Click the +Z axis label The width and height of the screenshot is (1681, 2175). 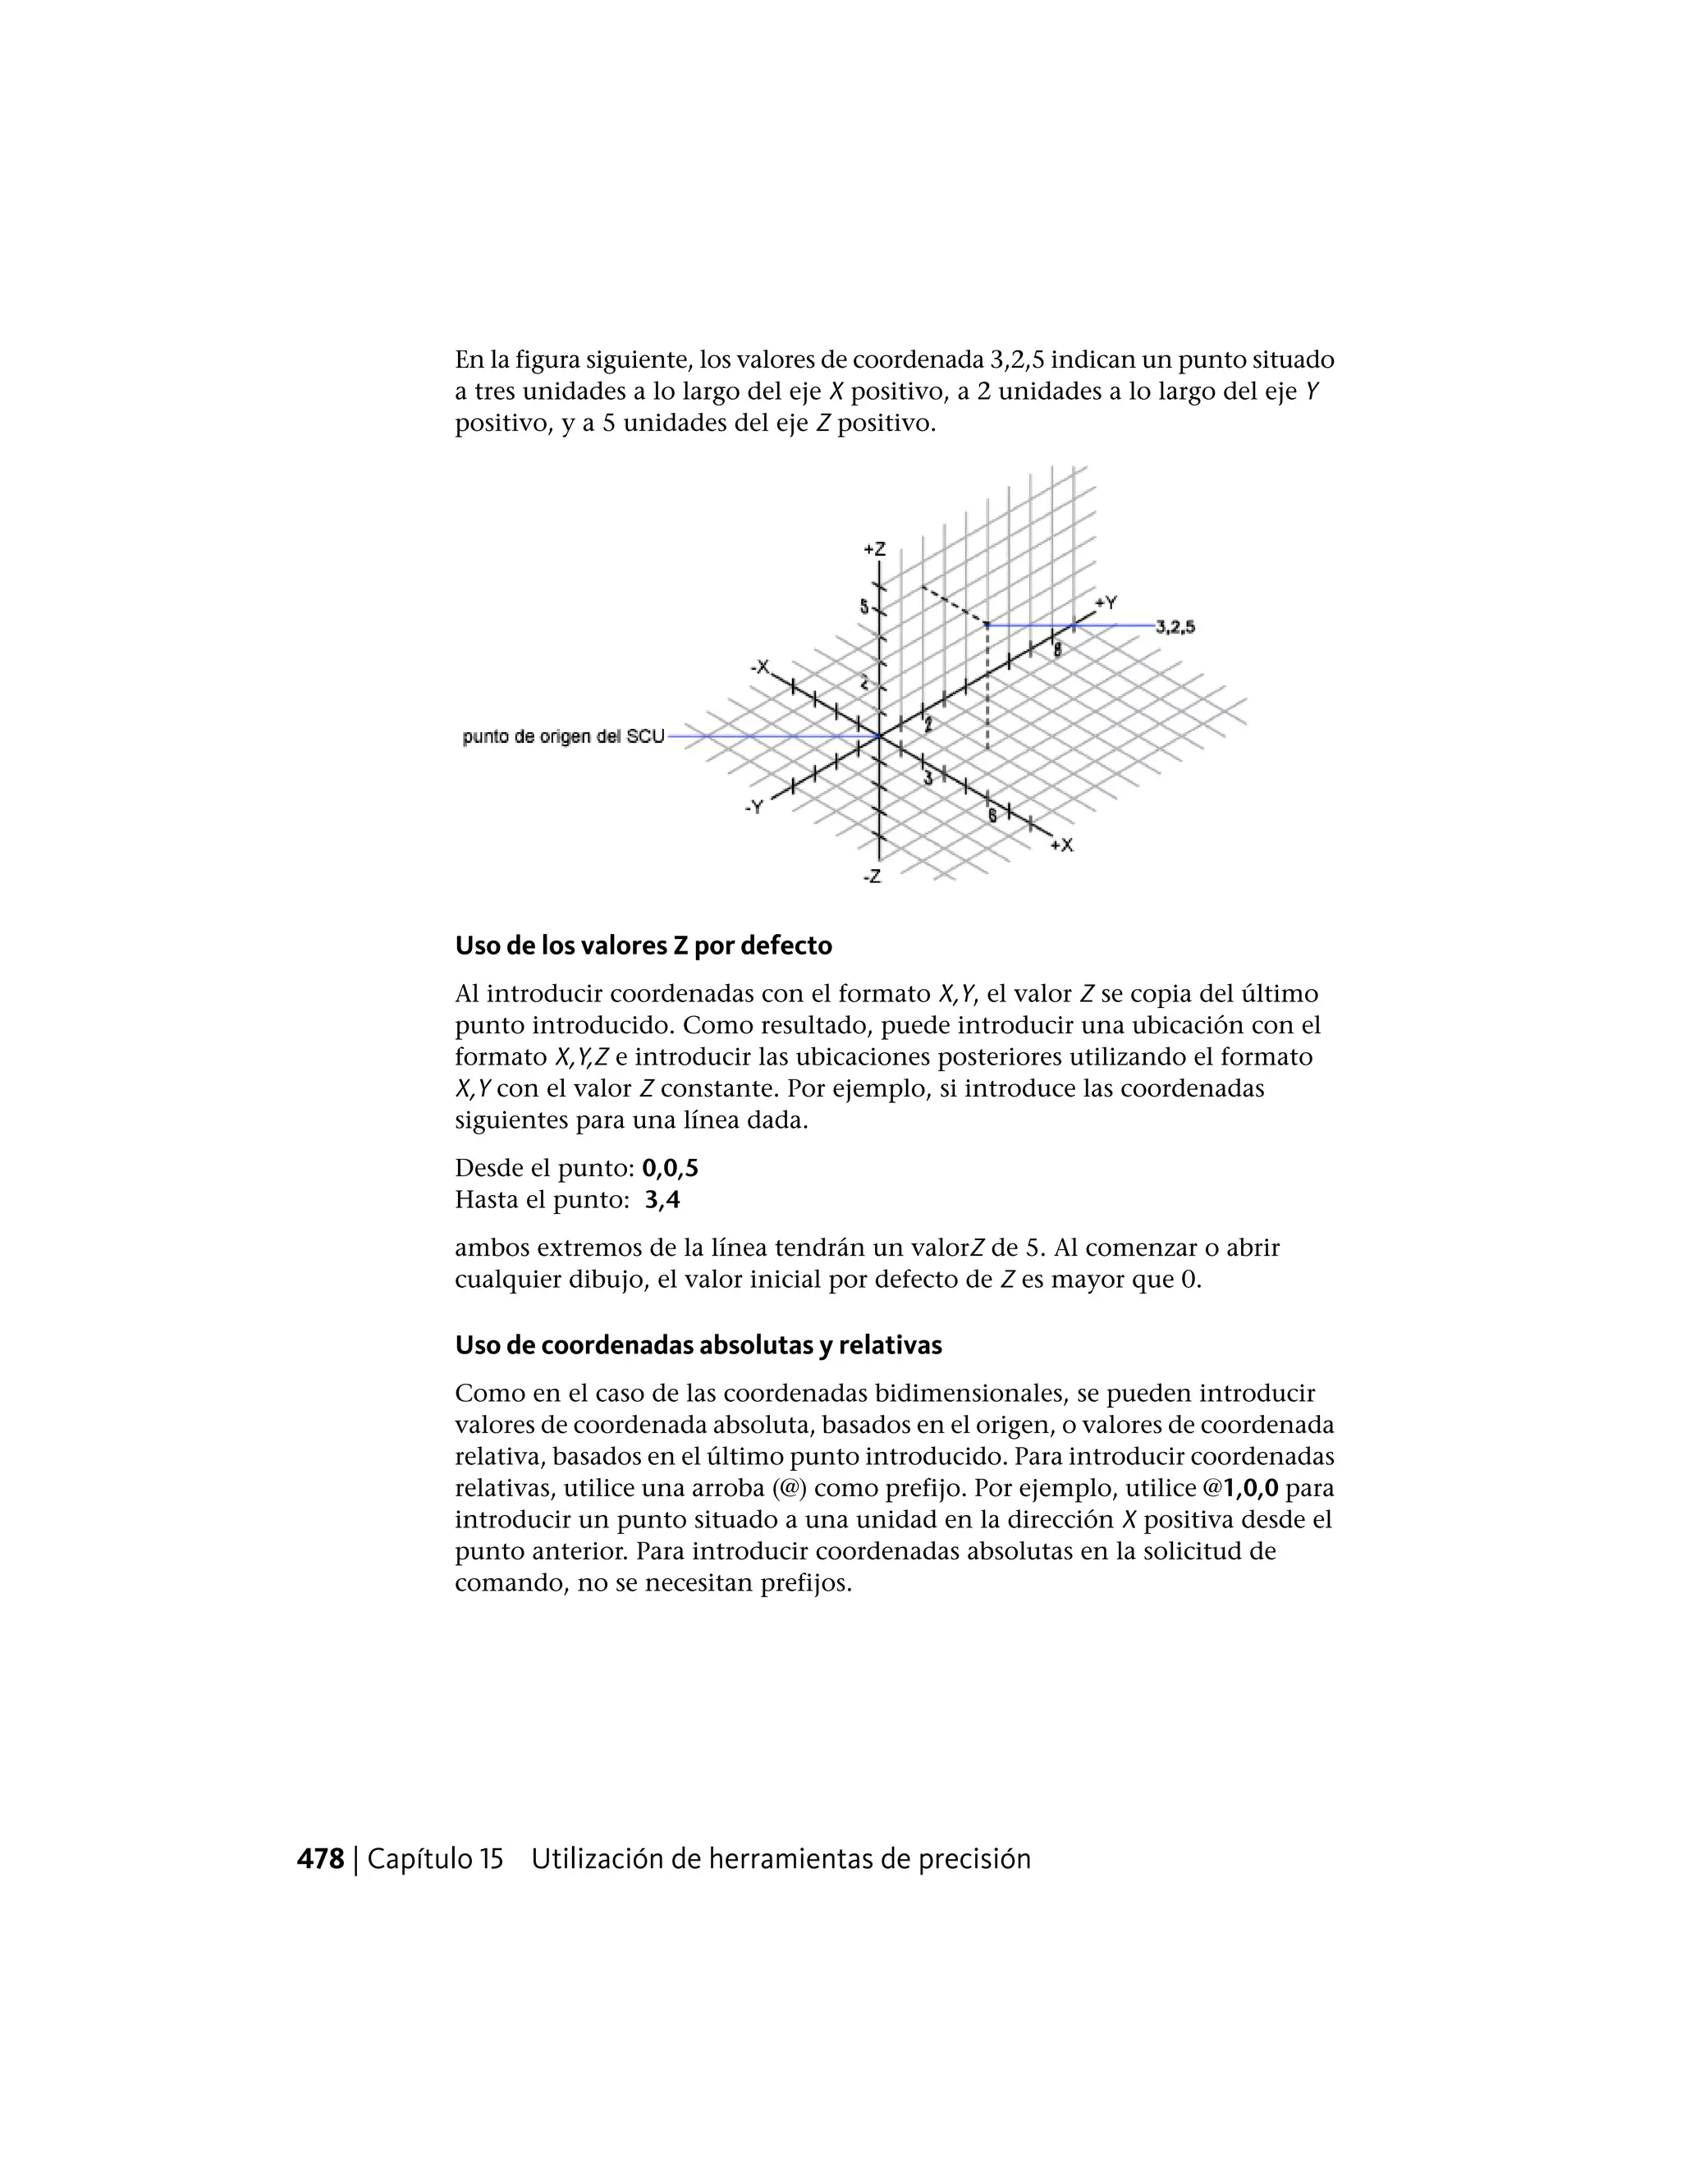[x=873, y=549]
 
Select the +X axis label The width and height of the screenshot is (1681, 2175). [x=1061, y=845]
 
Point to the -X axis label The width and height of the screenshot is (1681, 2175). [x=760, y=666]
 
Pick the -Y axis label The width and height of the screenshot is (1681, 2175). [x=753, y=807]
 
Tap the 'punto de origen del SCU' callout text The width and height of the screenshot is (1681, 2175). [x=562, y=737]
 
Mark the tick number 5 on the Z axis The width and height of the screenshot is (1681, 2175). [x=864, y=607]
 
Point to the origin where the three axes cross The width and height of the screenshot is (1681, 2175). [x=878, y=737]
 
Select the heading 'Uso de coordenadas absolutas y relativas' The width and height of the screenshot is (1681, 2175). [x=699, y=1344]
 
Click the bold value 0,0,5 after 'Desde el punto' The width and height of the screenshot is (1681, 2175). [x=671, y=1167]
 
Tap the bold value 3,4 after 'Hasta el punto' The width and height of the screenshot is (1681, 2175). [x=662, y=1199]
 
